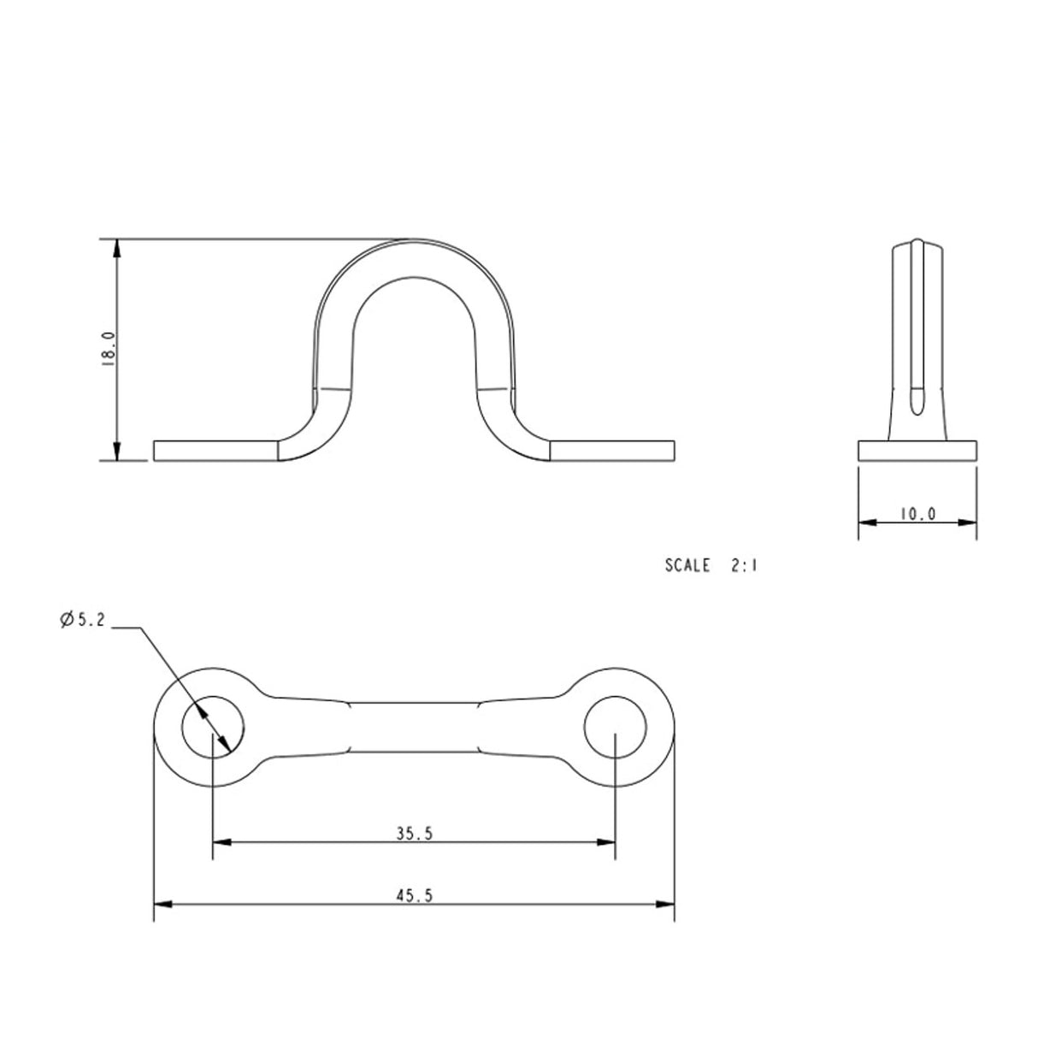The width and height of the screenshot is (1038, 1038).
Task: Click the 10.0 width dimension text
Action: [917, 514]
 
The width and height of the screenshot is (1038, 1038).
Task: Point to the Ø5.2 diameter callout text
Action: [82, 621]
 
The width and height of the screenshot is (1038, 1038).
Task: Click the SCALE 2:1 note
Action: [711, 565]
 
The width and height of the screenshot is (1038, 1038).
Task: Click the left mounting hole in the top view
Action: [215, 727]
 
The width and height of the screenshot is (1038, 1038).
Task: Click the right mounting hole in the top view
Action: [616, 727]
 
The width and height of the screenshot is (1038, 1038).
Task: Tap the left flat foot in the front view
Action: [216, 451]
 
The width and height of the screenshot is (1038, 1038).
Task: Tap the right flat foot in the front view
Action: [613, 451]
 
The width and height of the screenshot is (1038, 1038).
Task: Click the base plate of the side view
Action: [917, 451]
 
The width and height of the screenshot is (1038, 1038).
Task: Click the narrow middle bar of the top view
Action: [415, 727]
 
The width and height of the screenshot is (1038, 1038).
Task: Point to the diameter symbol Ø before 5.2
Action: [67, 621]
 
